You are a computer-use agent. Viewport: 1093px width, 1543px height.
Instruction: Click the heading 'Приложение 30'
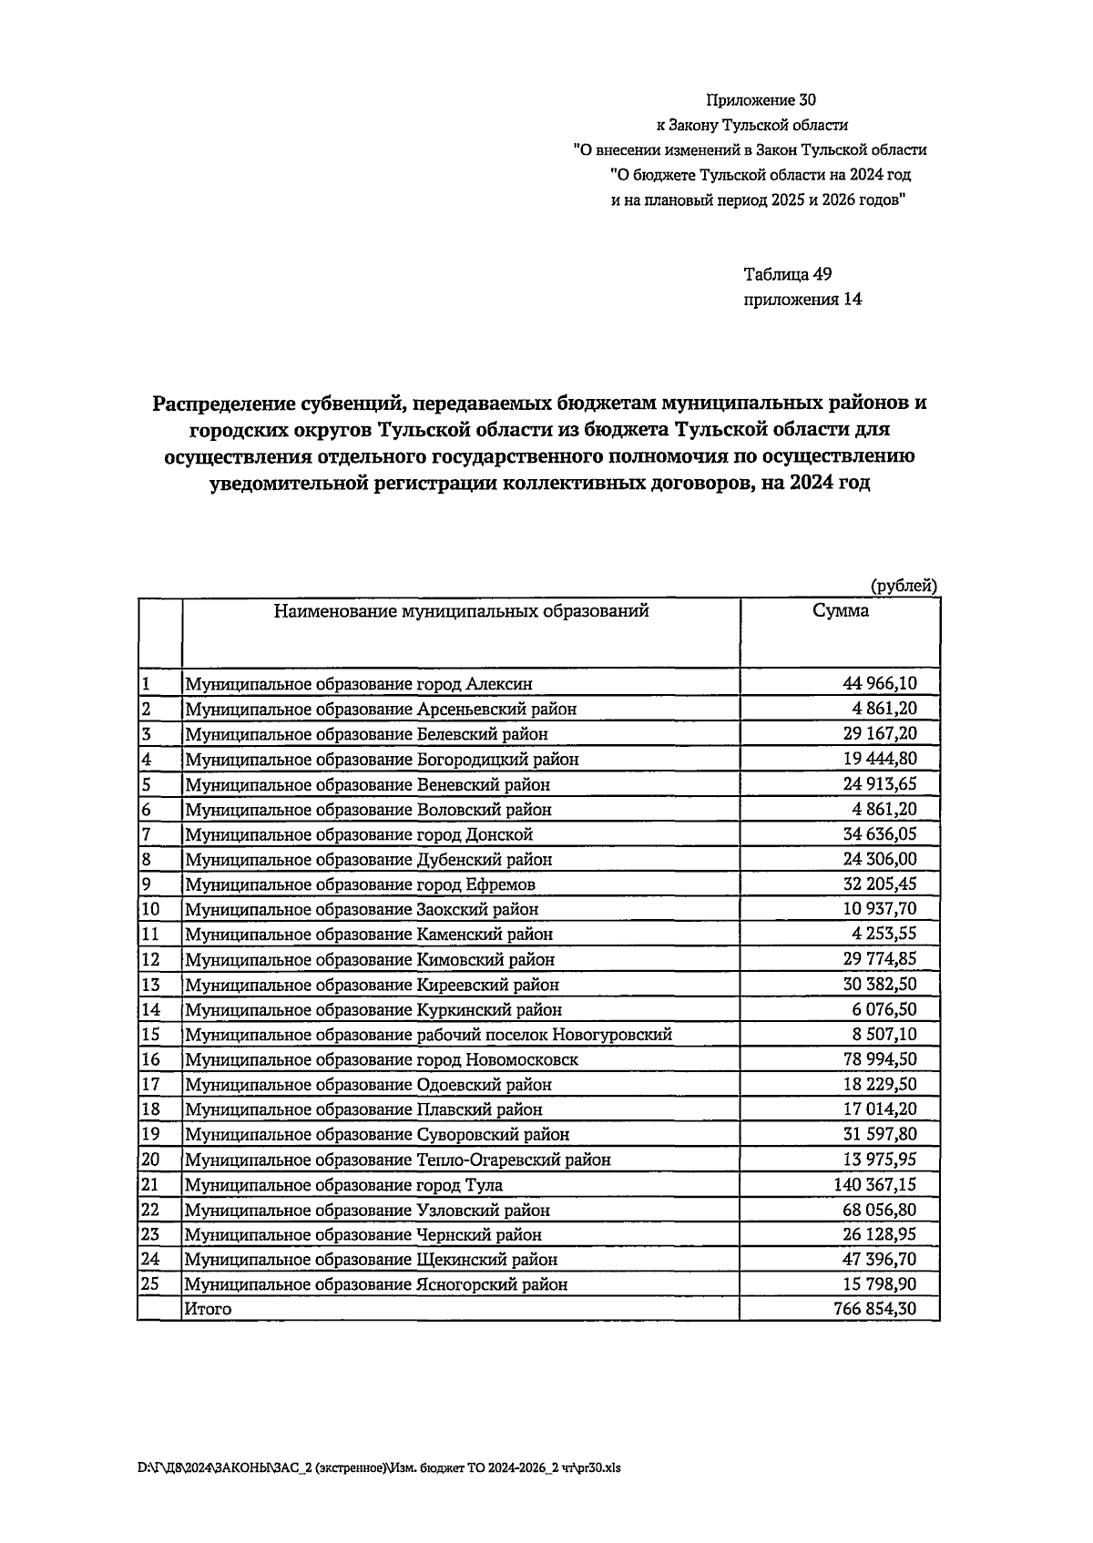(x=754, y=100)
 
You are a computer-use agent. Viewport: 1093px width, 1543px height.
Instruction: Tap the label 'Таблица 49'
(x=788, y=274)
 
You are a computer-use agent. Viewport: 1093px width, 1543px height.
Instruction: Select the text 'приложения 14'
(x=802, y=299)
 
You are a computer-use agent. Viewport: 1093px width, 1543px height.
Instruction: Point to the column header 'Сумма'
(x=840, y=611)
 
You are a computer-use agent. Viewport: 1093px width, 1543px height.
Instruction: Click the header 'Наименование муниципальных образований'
(x=461, y=611)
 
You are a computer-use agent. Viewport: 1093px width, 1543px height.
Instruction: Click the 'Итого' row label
(x=208, y=1310)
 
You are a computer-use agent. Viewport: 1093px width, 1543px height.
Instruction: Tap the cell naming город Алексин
(x=359, y=684)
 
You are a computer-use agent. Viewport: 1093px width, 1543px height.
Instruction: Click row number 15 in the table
(x=150, y=1035)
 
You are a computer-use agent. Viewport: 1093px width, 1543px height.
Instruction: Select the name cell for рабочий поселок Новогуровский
(x=428, y=1035)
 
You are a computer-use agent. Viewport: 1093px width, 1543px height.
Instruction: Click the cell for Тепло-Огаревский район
(x=397, y=1160)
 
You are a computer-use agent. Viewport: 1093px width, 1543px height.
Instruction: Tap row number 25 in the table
(x=150, y=1284)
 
